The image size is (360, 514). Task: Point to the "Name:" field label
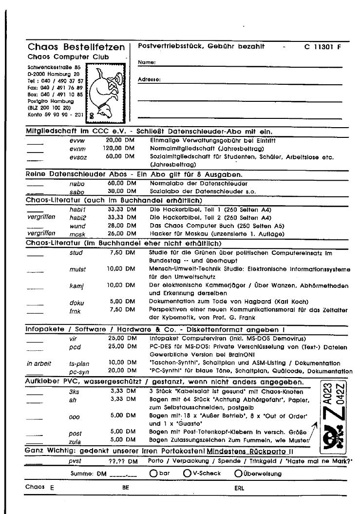[147, 62]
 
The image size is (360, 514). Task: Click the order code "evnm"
[77, 149]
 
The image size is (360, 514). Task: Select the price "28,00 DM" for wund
[121, 226]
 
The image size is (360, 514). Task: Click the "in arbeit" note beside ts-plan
[38, 363]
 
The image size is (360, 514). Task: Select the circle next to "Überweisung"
[238, 473]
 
